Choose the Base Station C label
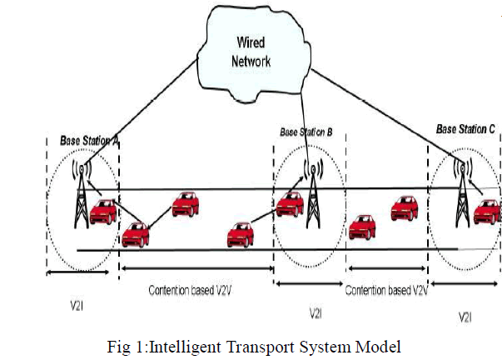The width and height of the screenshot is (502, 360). coord(465,130)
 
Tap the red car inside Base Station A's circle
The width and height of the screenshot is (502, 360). coord(104,212)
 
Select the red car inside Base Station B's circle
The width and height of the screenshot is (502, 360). coord(290,202)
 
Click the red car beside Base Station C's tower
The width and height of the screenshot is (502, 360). coord(486,212)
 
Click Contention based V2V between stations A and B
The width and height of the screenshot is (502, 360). coord(196,290)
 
